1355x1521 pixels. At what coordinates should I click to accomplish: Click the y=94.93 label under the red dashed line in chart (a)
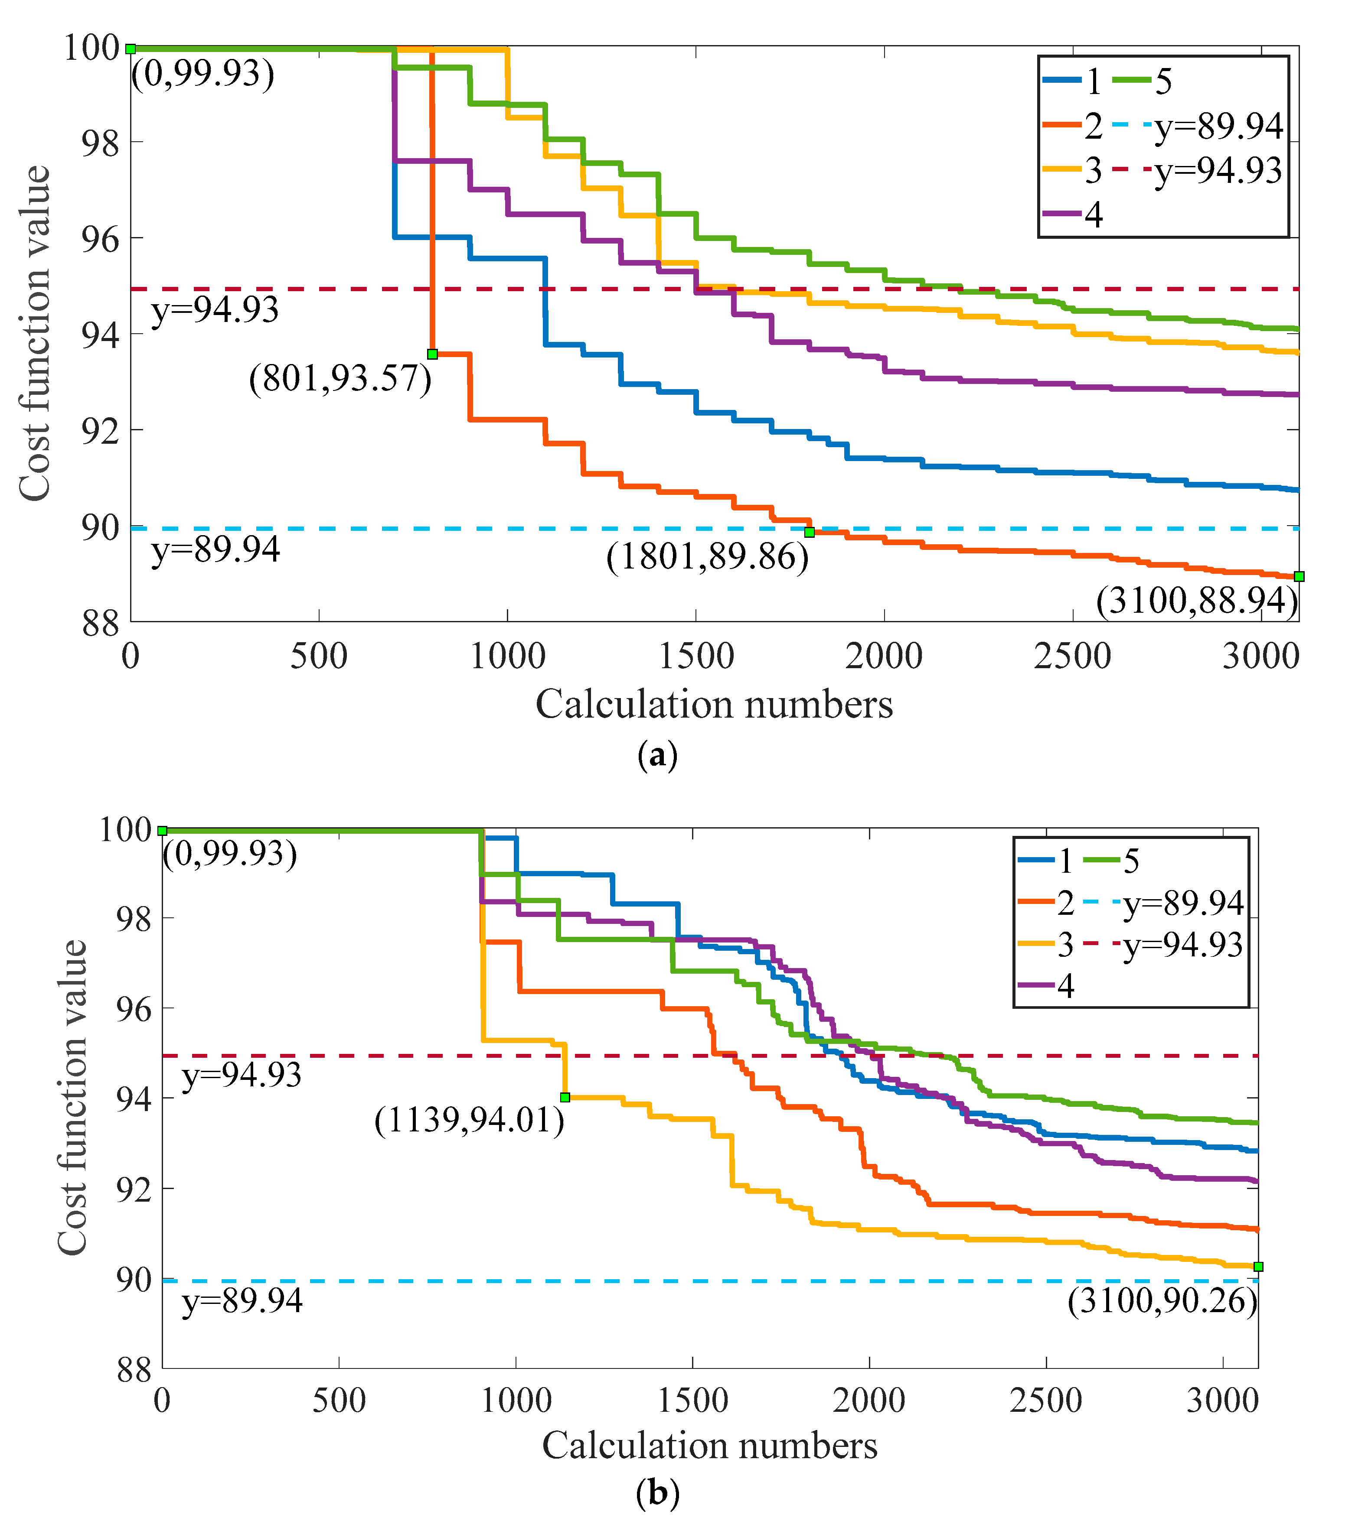pos(215,309)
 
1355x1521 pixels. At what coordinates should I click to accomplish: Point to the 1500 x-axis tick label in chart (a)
pos(696,656)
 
